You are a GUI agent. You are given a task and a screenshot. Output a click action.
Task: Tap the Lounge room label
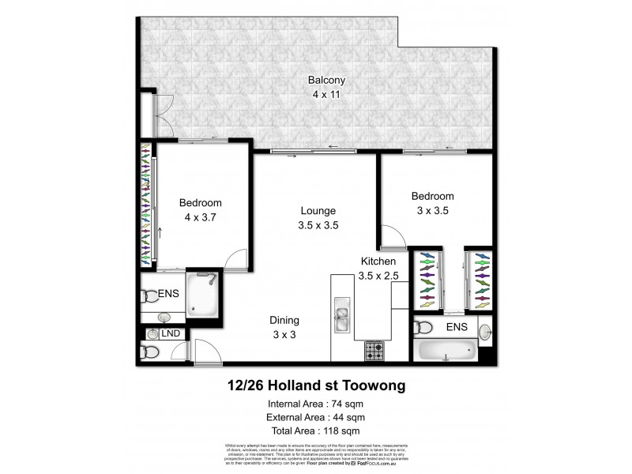click(318, 211)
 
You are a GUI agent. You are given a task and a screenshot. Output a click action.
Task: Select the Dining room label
click(285, 320)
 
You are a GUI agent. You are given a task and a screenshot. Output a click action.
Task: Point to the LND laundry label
click(171, 334)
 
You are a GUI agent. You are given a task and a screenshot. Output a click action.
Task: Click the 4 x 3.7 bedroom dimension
click(199, 217)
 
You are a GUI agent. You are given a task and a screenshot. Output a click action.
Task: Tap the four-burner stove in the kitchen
click(374, 349)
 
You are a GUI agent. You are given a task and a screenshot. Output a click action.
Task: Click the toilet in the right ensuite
click(423, 327)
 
